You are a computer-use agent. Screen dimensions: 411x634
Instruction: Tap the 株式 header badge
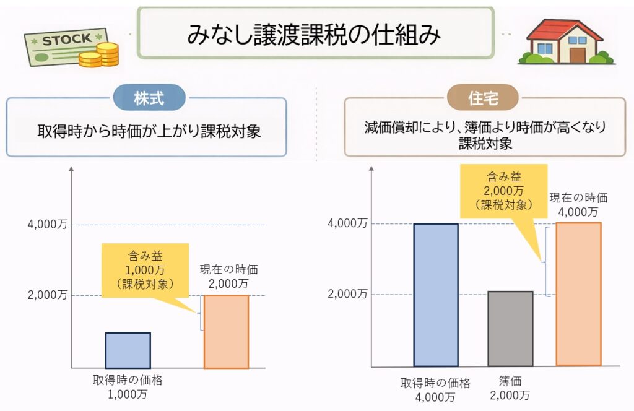149,97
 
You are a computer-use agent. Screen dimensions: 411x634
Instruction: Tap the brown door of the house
577,54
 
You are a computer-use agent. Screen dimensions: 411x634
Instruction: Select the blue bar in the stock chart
128,350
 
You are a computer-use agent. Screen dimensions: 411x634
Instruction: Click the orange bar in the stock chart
226,332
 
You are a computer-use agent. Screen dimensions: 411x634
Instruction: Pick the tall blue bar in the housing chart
436,295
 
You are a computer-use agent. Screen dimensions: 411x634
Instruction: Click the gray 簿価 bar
510,328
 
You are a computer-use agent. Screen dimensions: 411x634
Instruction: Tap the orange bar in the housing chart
578,294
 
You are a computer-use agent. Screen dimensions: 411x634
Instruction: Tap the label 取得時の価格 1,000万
128,386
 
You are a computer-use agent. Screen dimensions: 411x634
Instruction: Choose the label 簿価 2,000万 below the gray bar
510,388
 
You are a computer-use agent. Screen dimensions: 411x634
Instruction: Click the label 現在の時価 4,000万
578,205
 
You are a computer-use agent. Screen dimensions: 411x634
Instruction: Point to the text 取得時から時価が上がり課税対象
146,132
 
